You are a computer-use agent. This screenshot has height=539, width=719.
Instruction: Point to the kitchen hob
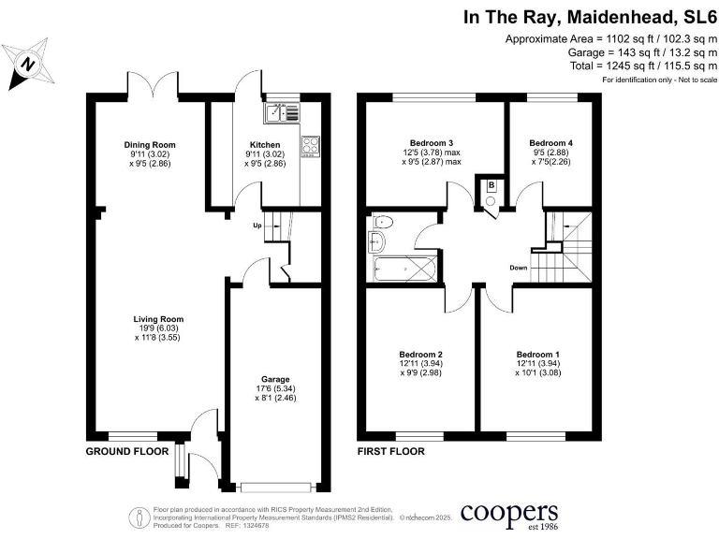pos(310,145)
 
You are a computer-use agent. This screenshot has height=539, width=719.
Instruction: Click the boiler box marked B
pos(491,186)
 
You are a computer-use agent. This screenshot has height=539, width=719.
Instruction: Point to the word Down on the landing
pos(519,268)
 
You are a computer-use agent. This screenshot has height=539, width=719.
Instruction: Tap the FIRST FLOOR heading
pos(391,451)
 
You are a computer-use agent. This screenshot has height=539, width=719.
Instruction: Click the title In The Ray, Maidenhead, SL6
pos(590,17)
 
